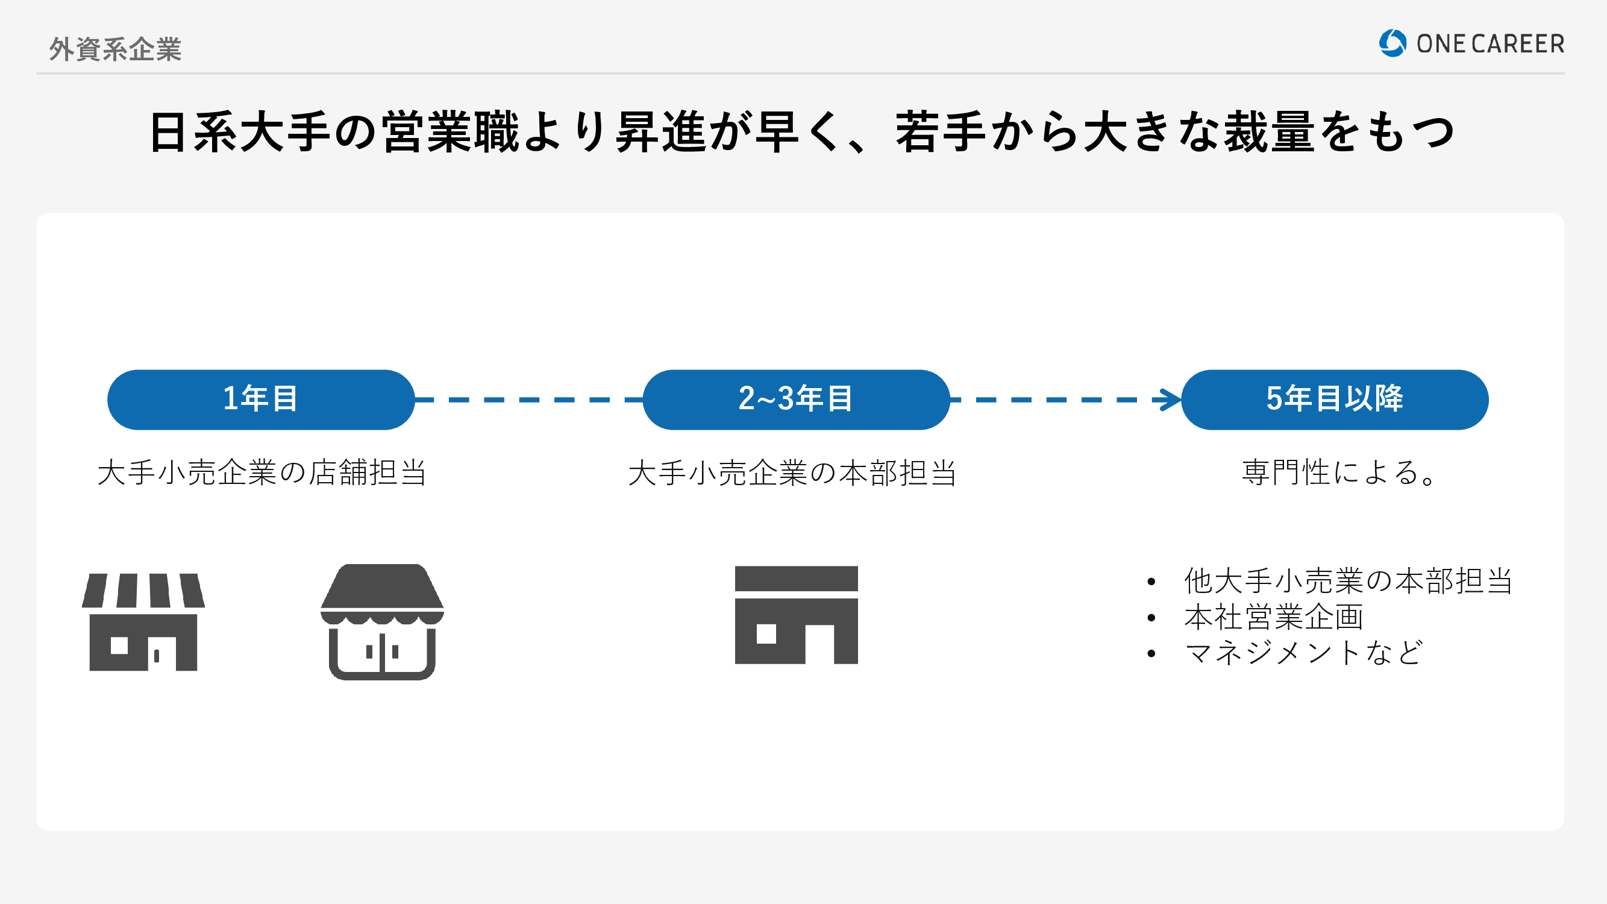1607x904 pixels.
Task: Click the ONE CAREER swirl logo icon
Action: click(x=1392, y=43)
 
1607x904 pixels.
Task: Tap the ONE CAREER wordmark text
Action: click(x=1490, y=43)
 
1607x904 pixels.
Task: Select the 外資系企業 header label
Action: click(x=116, y=49)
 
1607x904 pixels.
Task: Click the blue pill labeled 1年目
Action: click(x=261, y=400)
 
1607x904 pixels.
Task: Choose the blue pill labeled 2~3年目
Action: click(x=796, y=400)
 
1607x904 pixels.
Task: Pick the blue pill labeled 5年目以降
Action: click(x=1335, y=400)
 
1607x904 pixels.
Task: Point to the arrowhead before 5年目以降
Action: click(x=1168, y=400)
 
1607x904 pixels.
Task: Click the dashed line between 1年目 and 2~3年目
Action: click(x=529, y=400)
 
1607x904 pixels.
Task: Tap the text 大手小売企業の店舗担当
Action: click(x=262, y=472)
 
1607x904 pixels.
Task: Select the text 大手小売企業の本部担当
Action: click(x=792, y=472)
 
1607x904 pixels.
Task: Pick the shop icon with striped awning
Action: click(x=143, y=622)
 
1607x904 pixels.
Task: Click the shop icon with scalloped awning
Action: click(x=382, y=622)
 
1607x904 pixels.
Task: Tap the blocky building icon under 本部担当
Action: click(x=796, y=615)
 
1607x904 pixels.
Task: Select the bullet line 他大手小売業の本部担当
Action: click(x=1348, y=581)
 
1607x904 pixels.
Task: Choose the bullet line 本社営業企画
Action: click(x=1273, y=617)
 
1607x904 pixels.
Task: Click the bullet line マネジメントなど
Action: click(x=1304, y=653)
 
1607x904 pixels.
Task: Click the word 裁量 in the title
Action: click(x=1269, y=132)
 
